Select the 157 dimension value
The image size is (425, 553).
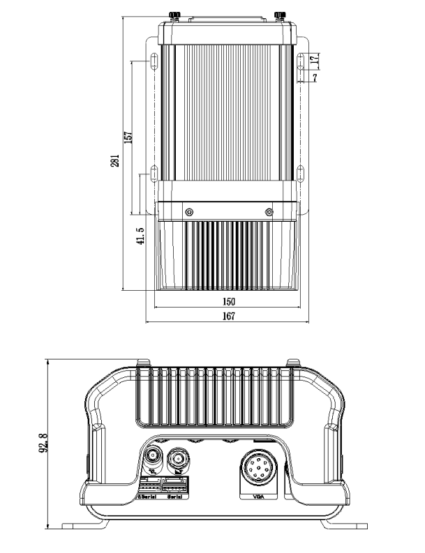coord(128,137)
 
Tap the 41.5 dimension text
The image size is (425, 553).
coord(140,236)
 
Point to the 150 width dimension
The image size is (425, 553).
coord(228,302)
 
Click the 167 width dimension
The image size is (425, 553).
coord(228,316)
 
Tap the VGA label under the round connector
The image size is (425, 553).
coord(260,497)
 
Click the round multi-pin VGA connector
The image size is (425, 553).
coord(260,469)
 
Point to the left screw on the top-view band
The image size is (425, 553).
coord(188,211)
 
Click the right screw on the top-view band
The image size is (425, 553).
coord(269,211)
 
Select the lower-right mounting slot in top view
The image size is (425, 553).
coord(299,173)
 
